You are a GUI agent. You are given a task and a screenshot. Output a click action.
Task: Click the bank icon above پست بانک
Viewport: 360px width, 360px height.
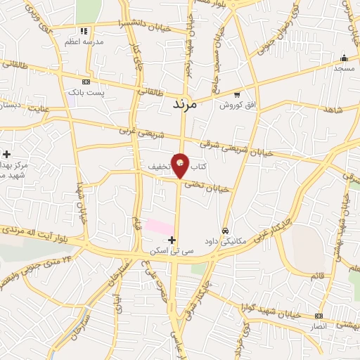tap(86, 82)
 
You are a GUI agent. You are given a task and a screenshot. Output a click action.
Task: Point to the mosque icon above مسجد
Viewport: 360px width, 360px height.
tap(344, 58)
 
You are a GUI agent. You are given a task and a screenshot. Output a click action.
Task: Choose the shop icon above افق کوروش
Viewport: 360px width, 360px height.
tap(237, 95)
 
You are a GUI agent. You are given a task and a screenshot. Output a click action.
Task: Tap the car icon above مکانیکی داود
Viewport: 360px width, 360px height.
tap(225, 230)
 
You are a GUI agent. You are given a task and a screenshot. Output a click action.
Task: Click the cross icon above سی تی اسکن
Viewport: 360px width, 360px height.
tap(172, 240)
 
